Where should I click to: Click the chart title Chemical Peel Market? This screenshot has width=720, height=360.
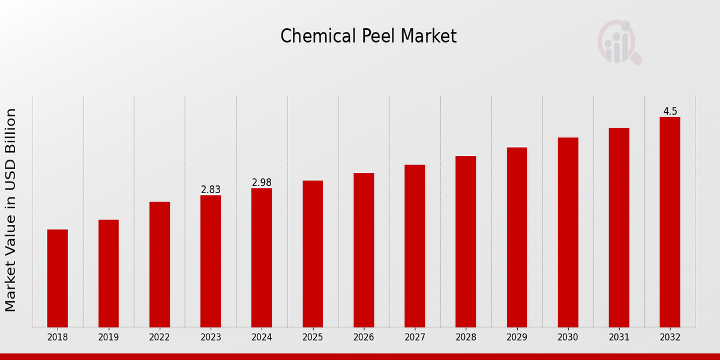pyautogui.click(x=368, y=37)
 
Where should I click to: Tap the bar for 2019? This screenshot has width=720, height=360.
pyautogui.click(x=109, y=273)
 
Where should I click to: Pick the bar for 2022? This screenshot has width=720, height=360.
pyautogui.click(x=160, y=264)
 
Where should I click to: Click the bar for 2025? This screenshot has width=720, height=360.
pyautogui.click(x=313, y=253)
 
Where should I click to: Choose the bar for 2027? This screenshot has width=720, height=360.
pyautogui.click(x=415, y=245)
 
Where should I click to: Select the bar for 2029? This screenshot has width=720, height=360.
pyautogui.click(x=517, y=237)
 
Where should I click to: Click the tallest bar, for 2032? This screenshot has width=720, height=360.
pyautogui.click(x=670, y=221)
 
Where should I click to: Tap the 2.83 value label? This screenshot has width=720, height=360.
pyautogui.click(x=211, y=190)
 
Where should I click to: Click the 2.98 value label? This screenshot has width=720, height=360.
pyautogui.click(x=262, y=182)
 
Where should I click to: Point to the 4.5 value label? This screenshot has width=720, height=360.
pyautogui.click(x=670, y=112)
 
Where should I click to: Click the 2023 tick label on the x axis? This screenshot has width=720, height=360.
pyautogui.click(x=211, y=338)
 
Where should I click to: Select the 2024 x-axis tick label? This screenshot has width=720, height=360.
pyautogui.click(x=262, y=338)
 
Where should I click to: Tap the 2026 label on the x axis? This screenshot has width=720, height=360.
pyautogui.click(x=364, y=338)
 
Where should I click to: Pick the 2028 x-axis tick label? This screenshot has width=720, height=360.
pyautogui.click(x=466, y=338)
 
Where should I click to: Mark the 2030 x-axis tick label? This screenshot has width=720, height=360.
pyautogui.click(x=568, y=338)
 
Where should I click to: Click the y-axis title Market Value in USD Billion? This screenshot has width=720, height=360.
pyautogui.click(x=11, y=210)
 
